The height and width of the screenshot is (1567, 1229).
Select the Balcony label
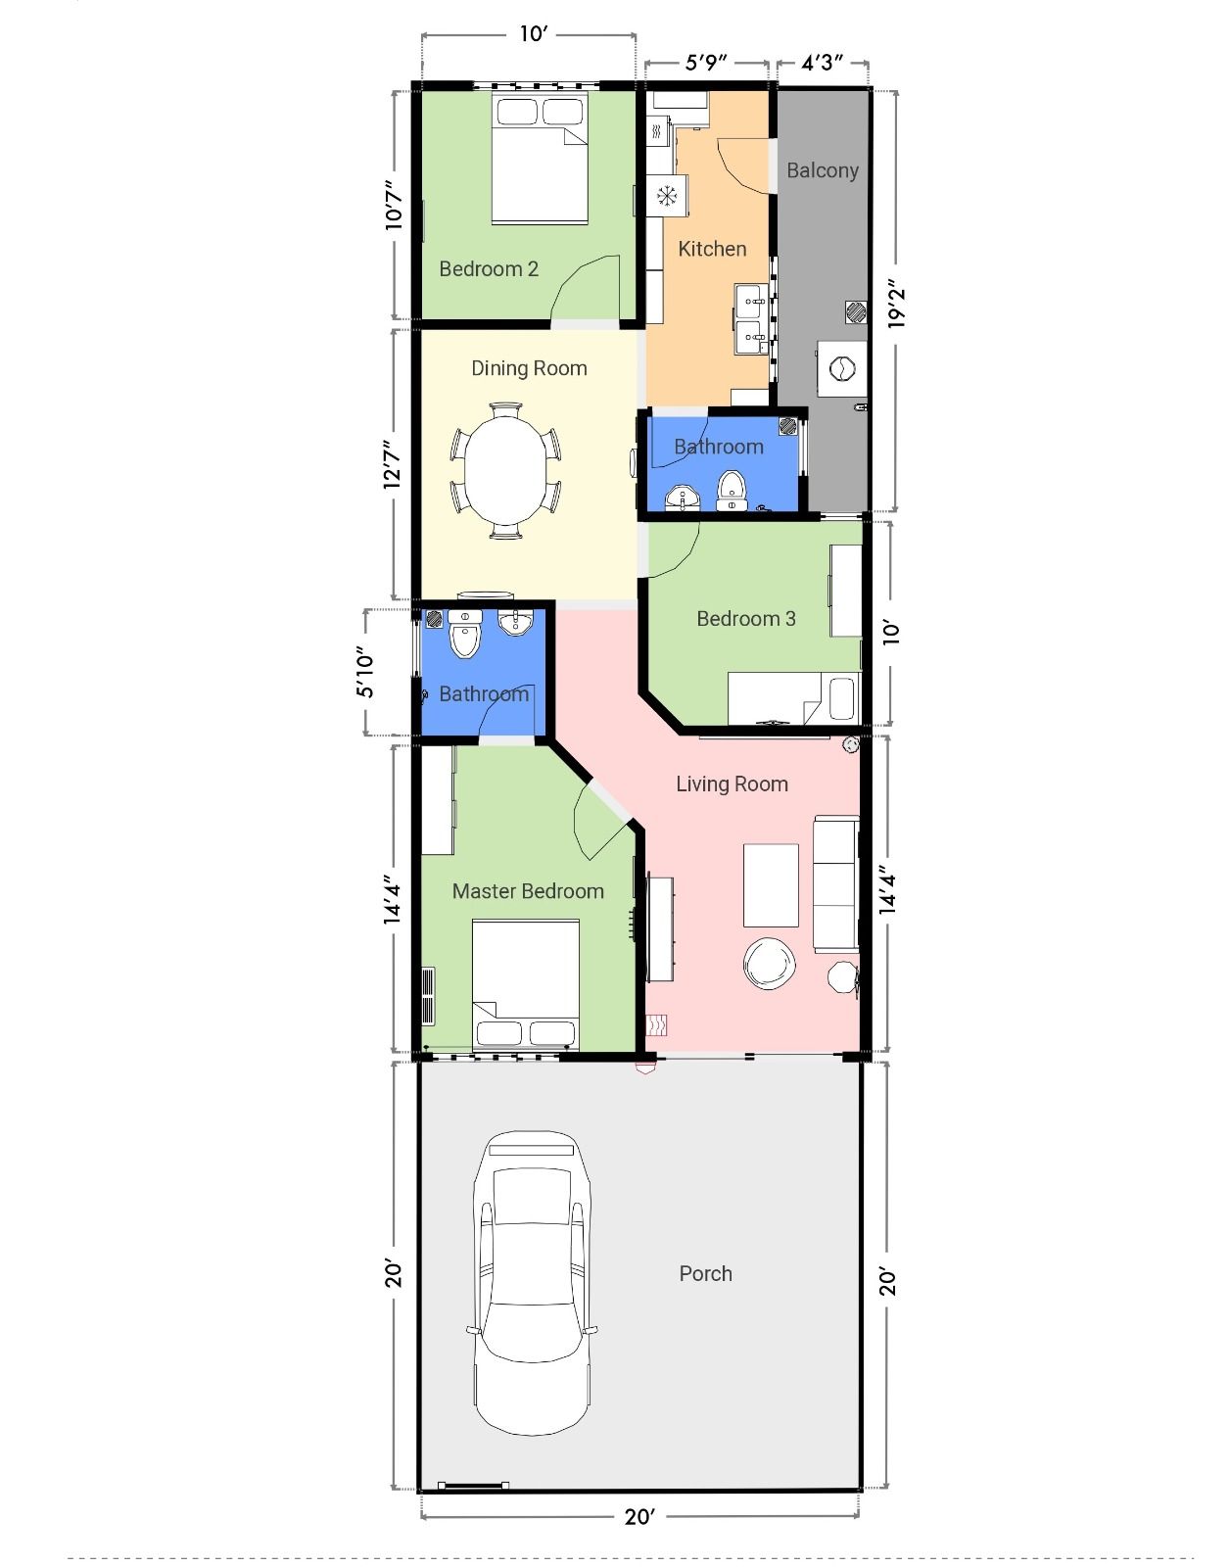click(823, 171)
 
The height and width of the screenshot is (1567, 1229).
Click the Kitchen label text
click(712, 249)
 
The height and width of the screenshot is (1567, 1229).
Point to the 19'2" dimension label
click(896, 304)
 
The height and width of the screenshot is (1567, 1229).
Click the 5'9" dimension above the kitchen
click(706, 63)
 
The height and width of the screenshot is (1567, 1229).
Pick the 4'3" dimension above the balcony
click(822, 63)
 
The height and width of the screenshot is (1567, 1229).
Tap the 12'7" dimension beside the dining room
click(393, 464)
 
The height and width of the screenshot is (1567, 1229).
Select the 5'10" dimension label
click(365, 672)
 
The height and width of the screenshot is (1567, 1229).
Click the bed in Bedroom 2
click(540, 158)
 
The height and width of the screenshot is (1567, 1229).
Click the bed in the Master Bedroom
click(526, 984)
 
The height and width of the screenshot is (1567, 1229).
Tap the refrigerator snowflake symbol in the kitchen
click(667, 195)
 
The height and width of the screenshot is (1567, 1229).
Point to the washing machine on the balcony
click(842, 368)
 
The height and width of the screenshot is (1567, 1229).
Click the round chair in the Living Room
click(769, 964)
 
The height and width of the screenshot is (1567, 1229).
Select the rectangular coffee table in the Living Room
click(771, 884)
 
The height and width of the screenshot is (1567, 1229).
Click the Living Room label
click(732, 783)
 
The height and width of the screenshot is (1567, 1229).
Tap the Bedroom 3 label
click(746, 619)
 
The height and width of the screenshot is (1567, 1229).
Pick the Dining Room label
click(529, 368)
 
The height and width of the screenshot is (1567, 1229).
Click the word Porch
click(706, 1273)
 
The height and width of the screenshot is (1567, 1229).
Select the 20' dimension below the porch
click(639, 1517)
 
